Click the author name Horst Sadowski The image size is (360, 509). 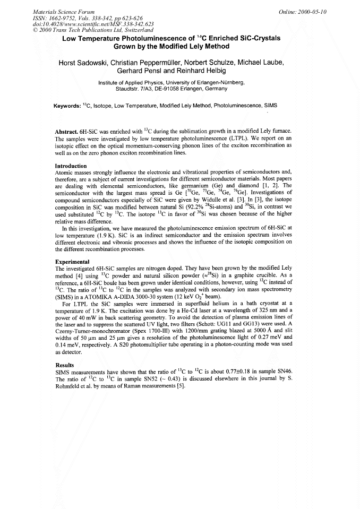tap(86, 63)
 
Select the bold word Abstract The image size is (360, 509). tap(66, 131)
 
